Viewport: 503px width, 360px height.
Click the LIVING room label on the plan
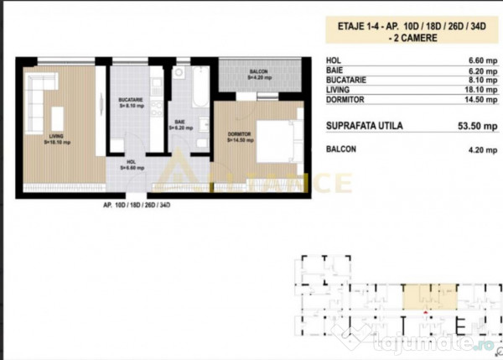(56, 137)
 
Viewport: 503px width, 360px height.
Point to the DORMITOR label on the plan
(231, 134)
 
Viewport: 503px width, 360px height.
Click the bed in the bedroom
(274, 140)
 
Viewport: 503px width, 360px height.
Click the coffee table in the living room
(58, 117)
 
